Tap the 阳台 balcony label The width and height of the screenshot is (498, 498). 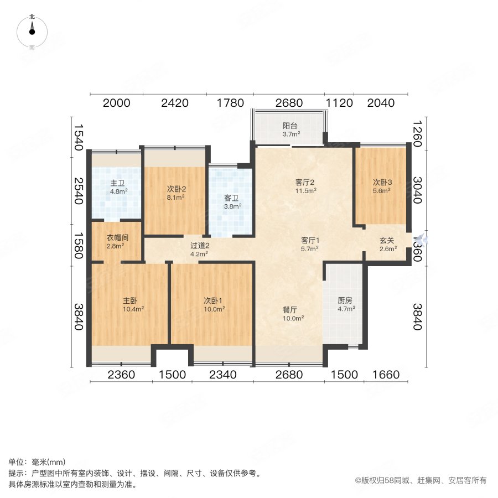(290, 126)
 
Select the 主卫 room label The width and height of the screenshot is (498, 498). (117, 183)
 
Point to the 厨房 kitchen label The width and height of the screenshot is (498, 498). (346, 301)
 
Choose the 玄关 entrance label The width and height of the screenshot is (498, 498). (387, 241)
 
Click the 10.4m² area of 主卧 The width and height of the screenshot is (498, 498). (133, 309)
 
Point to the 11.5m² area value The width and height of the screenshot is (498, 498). (305, 191)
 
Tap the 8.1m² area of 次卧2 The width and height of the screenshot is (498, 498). (176, 196)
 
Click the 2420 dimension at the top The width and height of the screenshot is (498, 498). (174, 103)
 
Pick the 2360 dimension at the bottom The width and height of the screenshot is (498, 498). (121, 375)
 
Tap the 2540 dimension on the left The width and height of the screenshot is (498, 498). (78, 190)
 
